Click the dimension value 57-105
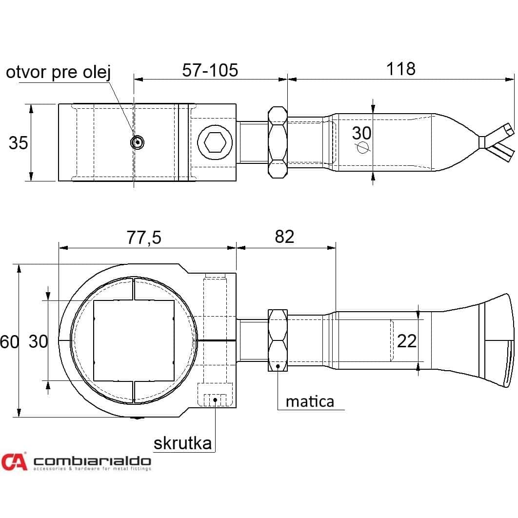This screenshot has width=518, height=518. [210, 70]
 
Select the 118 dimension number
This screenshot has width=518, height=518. [401, 69]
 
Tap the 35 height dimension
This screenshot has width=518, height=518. [18, 143]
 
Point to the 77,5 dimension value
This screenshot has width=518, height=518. [144, 238]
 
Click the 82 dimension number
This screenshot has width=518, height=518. [284, 237]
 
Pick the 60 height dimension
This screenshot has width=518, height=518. [9, 341]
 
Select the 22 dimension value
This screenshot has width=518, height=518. [407, 341]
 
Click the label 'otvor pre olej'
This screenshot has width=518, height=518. [58, 72]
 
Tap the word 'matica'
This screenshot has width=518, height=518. [310, 401]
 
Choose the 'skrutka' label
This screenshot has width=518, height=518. [183, 443]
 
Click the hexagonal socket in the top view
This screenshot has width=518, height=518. [215, 143]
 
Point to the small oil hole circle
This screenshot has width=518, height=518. [137, 142]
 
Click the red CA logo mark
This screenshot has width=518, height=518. [14, 461]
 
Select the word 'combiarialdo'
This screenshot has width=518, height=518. [92, 461]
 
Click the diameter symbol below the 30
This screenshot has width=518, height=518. [362, 147]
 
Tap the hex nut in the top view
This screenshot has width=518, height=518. [278, 142]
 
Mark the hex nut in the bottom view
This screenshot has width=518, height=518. [278, 340]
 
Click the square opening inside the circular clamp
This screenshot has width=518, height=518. [134, 340]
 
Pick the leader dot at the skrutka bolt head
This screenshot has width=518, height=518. [215, 400]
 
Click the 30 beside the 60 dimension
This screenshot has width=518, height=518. [39, 341]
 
